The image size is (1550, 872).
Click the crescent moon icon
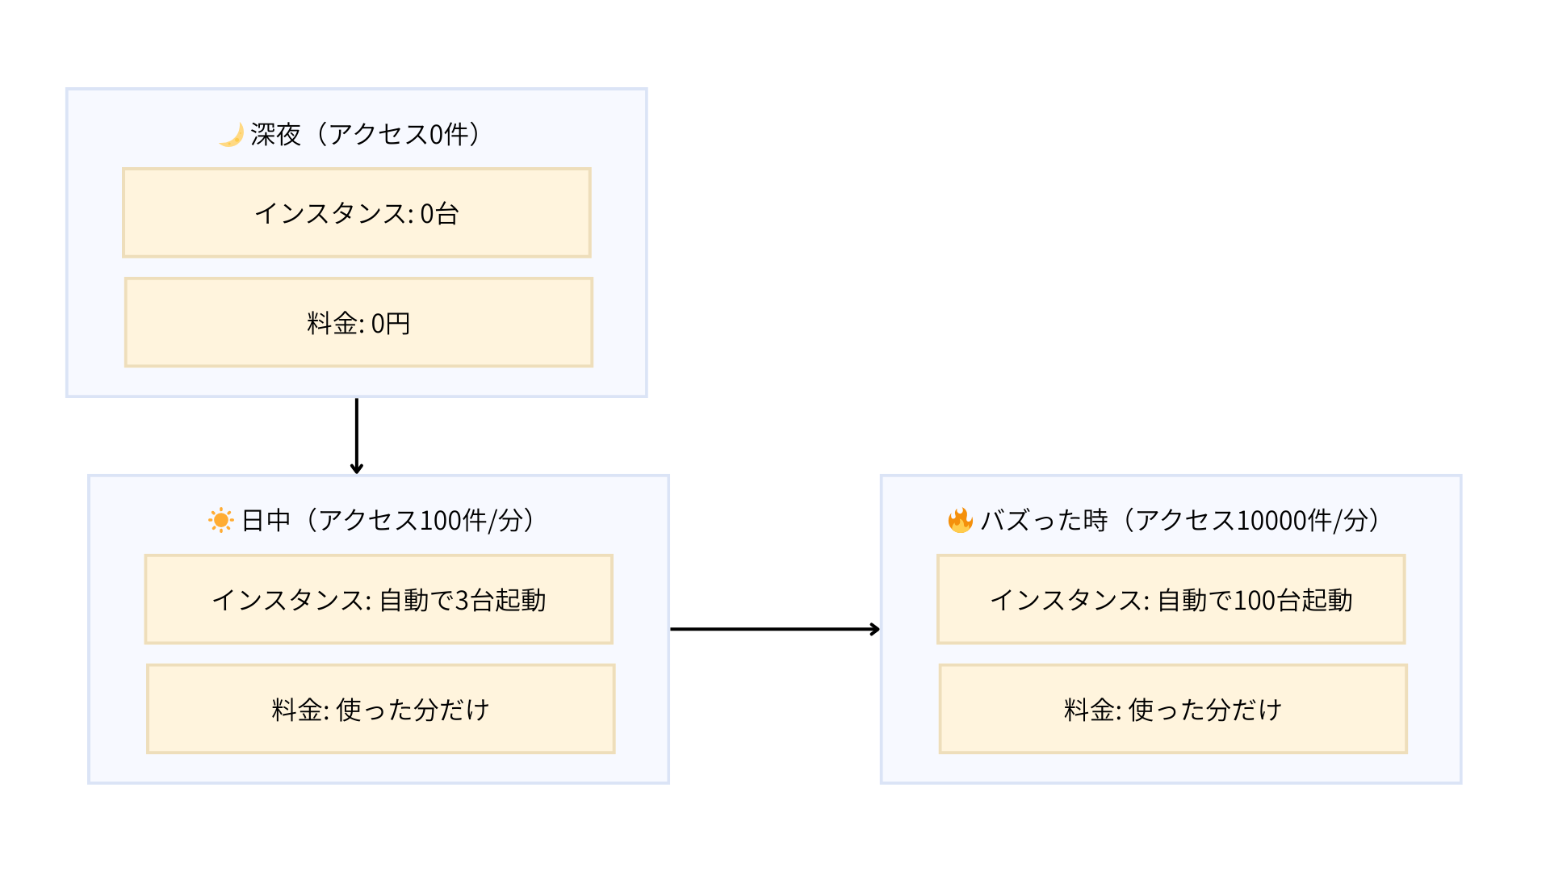[231, 134]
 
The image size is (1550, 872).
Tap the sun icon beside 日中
[220, 520]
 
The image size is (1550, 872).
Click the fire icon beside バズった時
[960, 520]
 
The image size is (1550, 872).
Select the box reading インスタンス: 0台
[356, 213]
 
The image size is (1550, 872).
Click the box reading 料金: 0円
[358, 323]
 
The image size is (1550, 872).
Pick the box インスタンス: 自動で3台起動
[378, 599]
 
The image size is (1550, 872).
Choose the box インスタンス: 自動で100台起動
[1171, 599]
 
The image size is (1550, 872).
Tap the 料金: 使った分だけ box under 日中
[380, 709]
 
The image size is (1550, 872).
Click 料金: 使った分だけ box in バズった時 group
[1172, 709]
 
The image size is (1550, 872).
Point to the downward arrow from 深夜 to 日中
[356, 436]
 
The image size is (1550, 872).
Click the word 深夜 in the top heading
[275, 134]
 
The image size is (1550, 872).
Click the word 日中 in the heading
[266, 520]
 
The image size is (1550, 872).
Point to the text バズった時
[1043, 520]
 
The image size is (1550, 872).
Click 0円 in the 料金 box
[391, 323]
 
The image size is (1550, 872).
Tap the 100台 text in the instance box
[1267, 600]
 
